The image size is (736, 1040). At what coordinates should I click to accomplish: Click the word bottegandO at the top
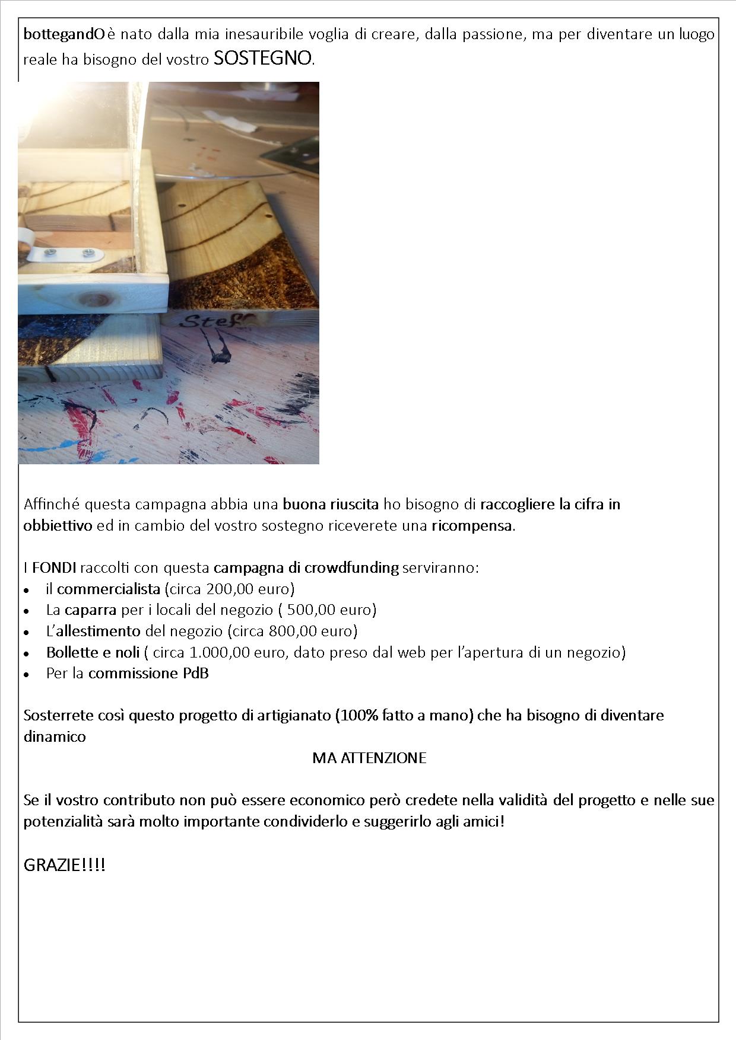pos(64,35)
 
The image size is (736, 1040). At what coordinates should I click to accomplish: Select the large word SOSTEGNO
pos(262,58)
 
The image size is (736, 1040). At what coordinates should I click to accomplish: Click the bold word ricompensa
pos(471,526)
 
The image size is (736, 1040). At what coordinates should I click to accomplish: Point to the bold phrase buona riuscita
pos(331,505)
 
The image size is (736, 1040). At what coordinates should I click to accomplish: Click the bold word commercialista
pos(109,589)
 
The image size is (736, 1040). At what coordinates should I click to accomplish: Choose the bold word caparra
pos(90,610)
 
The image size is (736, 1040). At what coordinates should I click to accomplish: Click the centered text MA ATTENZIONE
pos(369,758)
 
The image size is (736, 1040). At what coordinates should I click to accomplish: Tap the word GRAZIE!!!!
pos(65,865)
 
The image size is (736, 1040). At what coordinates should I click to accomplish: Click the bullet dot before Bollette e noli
pos(27,653)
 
